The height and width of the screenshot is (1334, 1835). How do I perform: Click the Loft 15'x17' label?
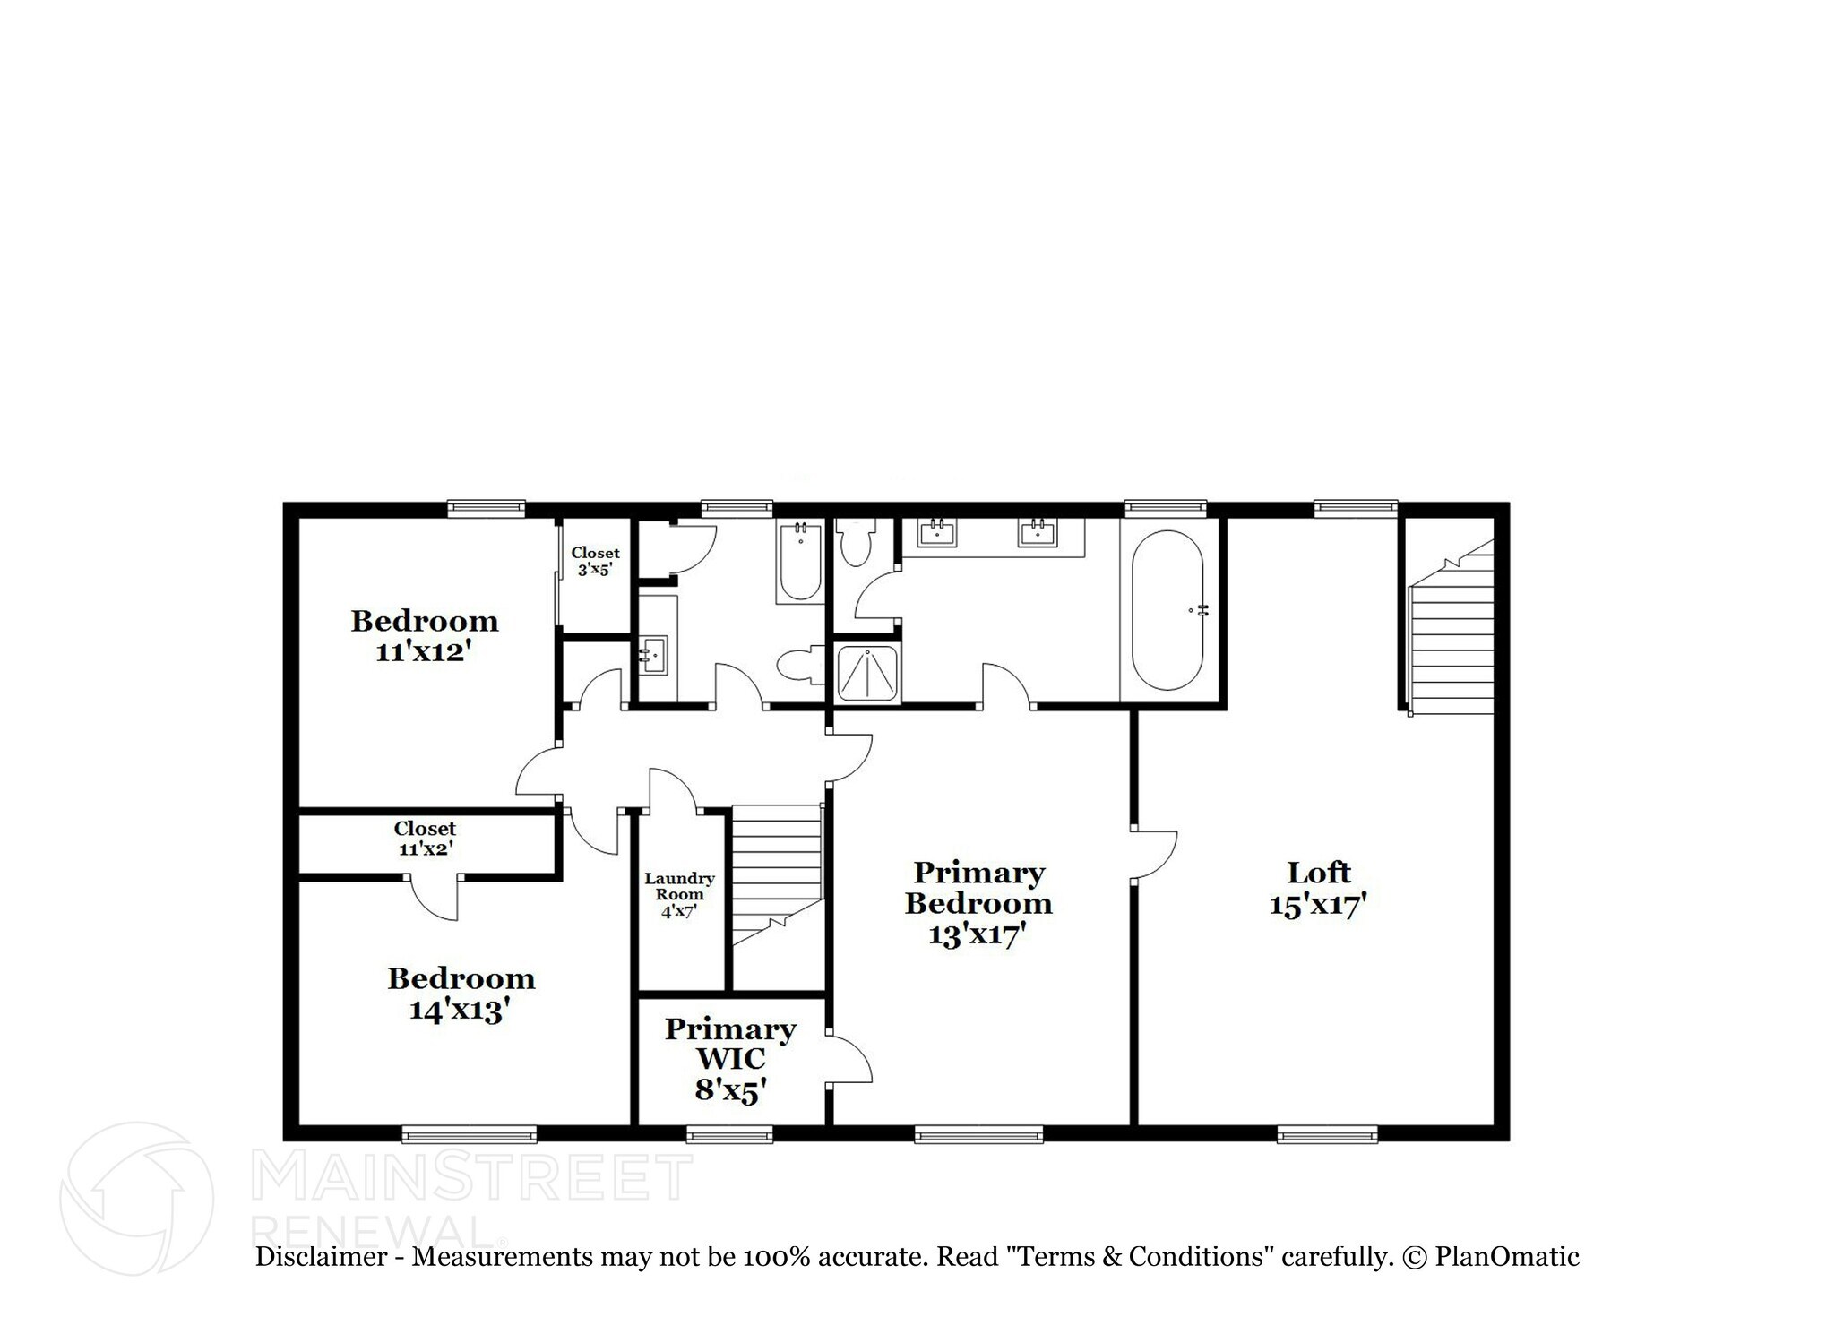[1317, 888]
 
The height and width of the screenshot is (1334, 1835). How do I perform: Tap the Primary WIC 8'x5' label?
[730, 1058]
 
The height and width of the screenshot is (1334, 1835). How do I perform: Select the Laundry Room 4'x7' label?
[679, 895]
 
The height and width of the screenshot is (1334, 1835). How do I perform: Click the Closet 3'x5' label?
[595, 561]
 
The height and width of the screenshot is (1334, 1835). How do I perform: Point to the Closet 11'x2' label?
[425, 838]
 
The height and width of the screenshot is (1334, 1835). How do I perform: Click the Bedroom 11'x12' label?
[424, 635]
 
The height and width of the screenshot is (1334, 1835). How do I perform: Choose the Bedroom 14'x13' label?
[461, 994]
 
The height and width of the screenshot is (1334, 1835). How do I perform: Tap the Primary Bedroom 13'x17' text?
[978, 902]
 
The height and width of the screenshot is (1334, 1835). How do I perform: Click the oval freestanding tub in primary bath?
[1167, 610]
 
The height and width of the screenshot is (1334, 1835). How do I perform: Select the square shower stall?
[866, 673]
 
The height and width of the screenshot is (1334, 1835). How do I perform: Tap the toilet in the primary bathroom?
[856, 543]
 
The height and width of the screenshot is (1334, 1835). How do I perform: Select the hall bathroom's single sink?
[654, 655]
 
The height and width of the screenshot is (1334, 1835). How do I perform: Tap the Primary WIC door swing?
[849, 1059]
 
